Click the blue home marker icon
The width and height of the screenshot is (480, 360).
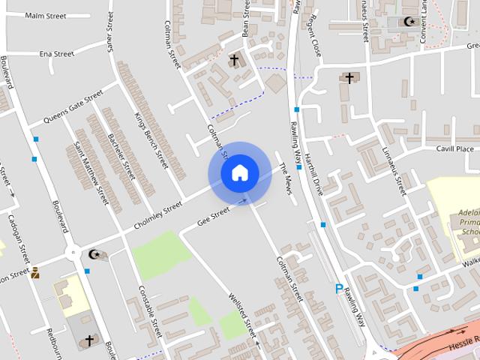239,173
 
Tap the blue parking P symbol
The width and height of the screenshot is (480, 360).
339,289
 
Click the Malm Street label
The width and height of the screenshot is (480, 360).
46,16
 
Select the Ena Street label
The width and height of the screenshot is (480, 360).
57,54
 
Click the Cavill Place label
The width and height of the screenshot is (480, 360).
454,149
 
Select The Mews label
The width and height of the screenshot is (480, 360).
284,177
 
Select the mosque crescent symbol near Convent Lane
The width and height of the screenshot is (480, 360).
409,22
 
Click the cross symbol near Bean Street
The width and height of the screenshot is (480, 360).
234,60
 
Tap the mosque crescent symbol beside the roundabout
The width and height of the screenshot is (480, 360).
94,254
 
